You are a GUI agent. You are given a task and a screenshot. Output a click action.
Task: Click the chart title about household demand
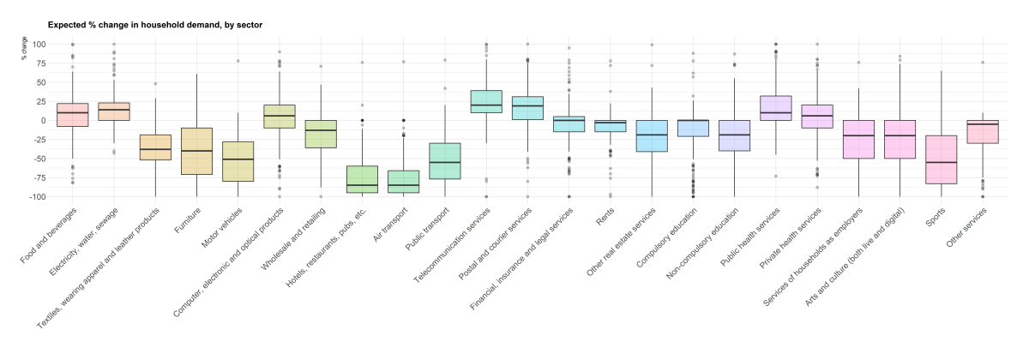coord(154,25)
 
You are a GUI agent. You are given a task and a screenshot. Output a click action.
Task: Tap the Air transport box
coord(403,182)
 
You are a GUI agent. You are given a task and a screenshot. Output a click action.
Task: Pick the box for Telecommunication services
coord(486,101)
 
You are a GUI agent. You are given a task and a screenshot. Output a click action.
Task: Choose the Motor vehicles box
coord(238,161)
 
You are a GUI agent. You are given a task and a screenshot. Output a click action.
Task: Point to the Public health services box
coord(776,108)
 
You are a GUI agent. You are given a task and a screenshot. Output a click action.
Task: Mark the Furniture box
coord(196,151)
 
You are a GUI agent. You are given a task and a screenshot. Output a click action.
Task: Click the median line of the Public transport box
coord(444,162)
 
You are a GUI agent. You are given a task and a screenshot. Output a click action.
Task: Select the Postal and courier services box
coord(527,108)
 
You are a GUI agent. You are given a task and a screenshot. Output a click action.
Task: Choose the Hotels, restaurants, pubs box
coord(362,179)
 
